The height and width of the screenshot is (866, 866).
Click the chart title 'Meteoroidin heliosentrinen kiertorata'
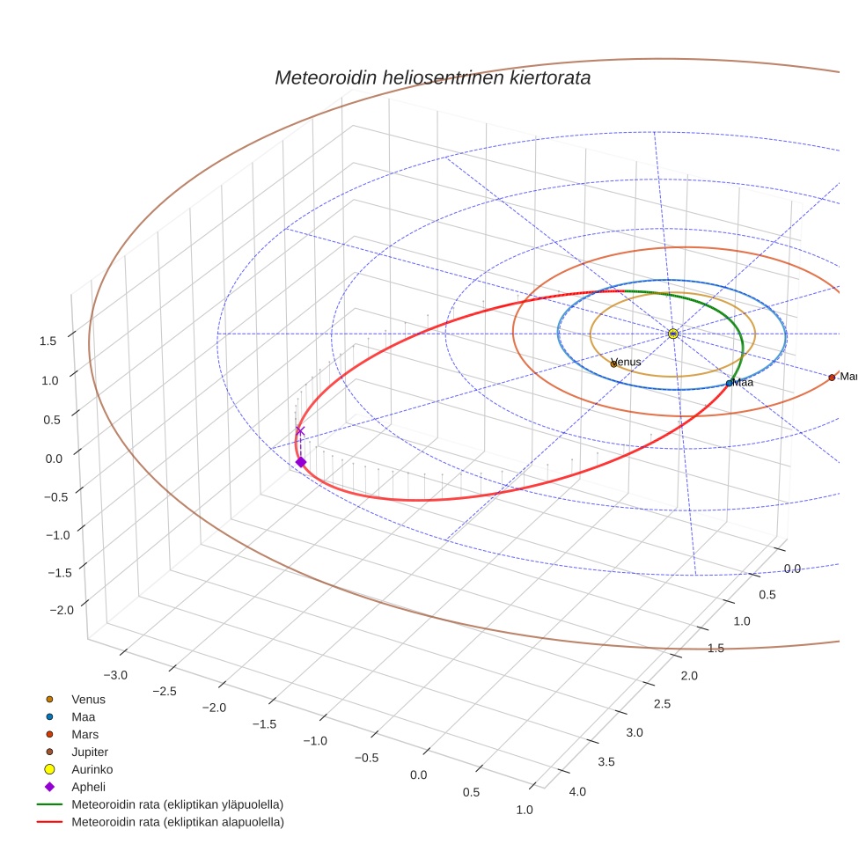[432, 77]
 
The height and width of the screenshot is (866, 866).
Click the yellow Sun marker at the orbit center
[673, 334]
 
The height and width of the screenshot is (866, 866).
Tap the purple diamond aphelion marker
[301, 462]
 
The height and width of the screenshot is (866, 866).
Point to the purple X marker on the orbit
[300, 430]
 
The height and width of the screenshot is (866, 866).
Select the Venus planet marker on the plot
[614, 363]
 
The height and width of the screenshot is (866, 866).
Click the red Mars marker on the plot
[832, 378]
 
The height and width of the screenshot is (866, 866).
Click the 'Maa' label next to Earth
[743, 383]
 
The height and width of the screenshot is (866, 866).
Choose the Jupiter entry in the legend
[90, 752]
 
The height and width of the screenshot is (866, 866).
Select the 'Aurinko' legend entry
[92, 769]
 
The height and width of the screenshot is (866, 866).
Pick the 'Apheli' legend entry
[88, 787]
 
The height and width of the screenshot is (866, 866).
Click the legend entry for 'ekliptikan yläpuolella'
[177, 804]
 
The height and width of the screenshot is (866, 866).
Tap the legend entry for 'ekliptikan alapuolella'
[177, 822]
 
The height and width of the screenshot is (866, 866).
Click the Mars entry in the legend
[84, 734]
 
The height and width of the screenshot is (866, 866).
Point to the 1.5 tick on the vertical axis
[49, 341]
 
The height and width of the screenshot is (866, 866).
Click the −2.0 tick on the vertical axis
[46, 610]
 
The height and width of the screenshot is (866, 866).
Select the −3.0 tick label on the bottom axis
[115, 675]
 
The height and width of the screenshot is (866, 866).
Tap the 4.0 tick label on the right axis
[578, 792]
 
